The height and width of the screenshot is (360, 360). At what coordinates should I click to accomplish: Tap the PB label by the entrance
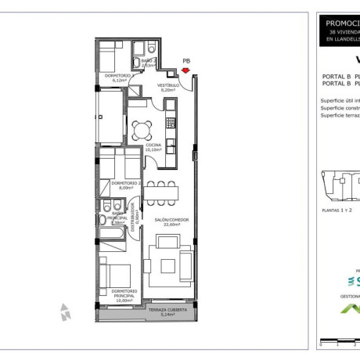(185, 60)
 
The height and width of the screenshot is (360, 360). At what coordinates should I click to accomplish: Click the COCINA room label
(153, 147)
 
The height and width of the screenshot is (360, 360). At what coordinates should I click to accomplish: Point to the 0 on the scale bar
(320, 344)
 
